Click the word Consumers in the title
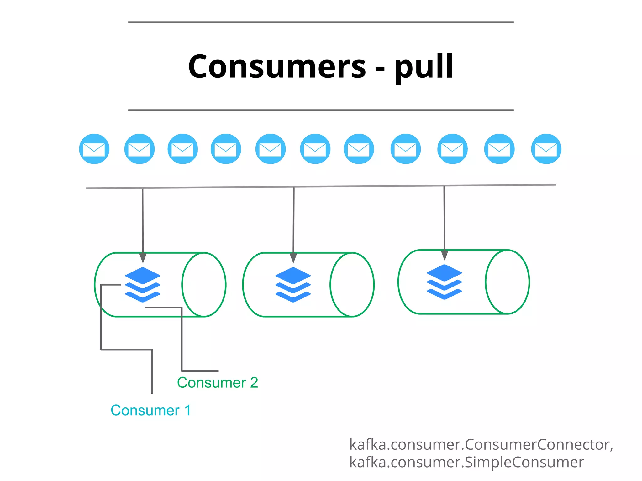[x=277, y=66]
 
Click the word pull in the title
[x=424, y=66]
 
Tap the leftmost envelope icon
[x=94, y=149]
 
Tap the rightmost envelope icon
[x=546, y=149]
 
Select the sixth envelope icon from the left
[x=315, y=149]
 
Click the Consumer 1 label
[x=151, y=410]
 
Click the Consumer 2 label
[x=217, y=383]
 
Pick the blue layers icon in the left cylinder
[x=143, y=285]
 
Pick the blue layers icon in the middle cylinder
[x=293, y=285]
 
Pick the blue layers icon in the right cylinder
[x=444, y=282]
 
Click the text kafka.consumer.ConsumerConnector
[x=481, y=445]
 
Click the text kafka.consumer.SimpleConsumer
[x=466, y=462]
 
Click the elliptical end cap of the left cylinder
[x=204, y=285]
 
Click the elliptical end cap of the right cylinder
[x=507, y=282]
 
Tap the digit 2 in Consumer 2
[x=254, y=383]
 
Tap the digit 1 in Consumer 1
[x=188, y=410]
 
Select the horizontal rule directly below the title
[x=321, y=110]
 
